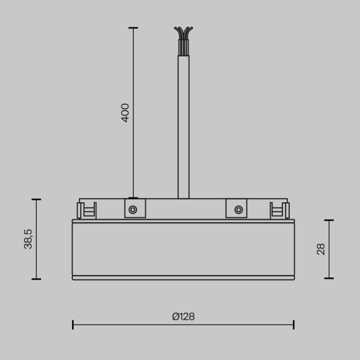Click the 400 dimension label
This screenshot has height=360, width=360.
[x=125, y=112]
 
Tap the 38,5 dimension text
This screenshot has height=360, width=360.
[x=28, y=239]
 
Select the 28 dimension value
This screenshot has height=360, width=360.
[x=321, y=249]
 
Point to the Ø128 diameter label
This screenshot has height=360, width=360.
[x=183, y=316]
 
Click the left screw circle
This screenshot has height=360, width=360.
[x=133, y=210]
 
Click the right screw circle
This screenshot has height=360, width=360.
[x=238, y=210]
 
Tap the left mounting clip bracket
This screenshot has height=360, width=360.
[x=88, y=210]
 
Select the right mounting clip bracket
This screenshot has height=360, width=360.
[x=278, y=210]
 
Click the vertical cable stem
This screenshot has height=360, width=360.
[x=183, y=124]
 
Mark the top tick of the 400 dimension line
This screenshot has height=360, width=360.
[x=133, y=27]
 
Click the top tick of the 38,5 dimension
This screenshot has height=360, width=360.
[x=36, y=200]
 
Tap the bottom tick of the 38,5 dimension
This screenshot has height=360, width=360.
[x=36, y=279]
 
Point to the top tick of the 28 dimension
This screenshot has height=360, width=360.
[x=329, y=220]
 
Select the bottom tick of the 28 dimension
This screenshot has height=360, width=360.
[x=329, y=278]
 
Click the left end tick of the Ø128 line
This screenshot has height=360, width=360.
[x=73, y=324]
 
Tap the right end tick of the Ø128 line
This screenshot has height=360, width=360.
[x=294, y=324]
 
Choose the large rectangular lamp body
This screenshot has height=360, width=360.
[x=183, y=248]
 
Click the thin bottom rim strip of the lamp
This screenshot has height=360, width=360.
[x=183, y=278]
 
